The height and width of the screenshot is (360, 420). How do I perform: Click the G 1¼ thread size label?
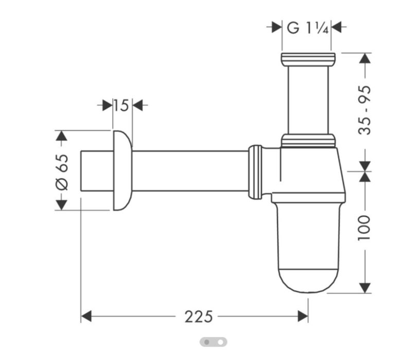(307, 28)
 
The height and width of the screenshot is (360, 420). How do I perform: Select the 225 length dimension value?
(198, 316)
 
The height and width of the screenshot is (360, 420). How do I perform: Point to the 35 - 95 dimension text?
(364, 110)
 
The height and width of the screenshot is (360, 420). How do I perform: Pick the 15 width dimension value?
(121, 106)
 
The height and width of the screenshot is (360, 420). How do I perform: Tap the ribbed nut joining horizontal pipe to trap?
(255, 172)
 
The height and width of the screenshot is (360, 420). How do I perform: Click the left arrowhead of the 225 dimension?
(86, 316)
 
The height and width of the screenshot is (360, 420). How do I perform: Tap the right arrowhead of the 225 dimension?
(303, 316)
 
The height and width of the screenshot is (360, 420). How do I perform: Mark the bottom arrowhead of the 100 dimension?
(364, 287)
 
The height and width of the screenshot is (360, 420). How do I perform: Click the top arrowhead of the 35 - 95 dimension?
(364, 58)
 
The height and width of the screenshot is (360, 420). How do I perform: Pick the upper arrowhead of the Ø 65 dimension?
(61, 136)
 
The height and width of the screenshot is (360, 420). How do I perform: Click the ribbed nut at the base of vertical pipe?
(308, 140)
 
